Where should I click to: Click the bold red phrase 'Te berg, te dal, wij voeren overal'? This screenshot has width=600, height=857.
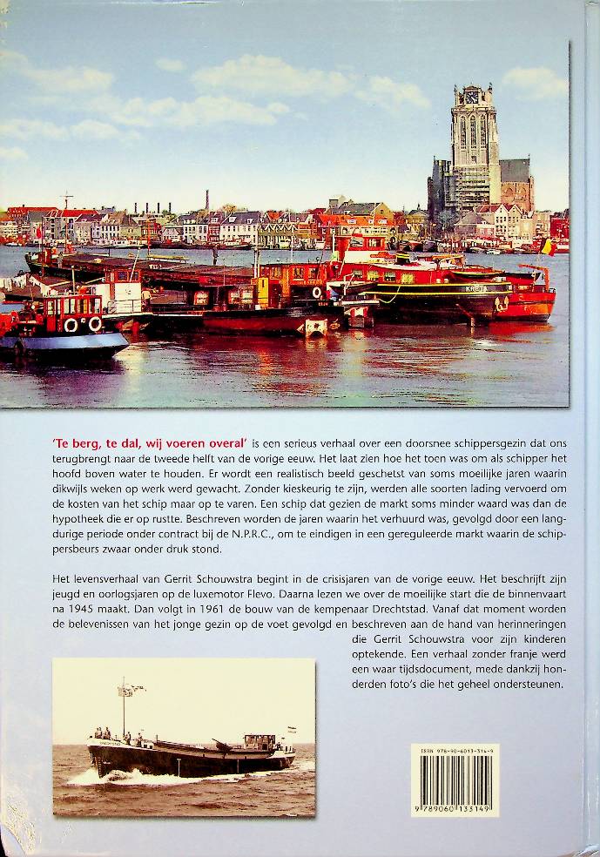point(150,444)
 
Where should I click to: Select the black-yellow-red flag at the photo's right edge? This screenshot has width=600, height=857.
point(547,247)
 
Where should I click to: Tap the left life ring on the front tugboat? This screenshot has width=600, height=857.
point(71,325)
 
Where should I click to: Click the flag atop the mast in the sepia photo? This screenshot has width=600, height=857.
point(130,690)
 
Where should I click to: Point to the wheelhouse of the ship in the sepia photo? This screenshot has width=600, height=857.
point(259,742)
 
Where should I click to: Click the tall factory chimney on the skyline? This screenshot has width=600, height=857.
point(207,202)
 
